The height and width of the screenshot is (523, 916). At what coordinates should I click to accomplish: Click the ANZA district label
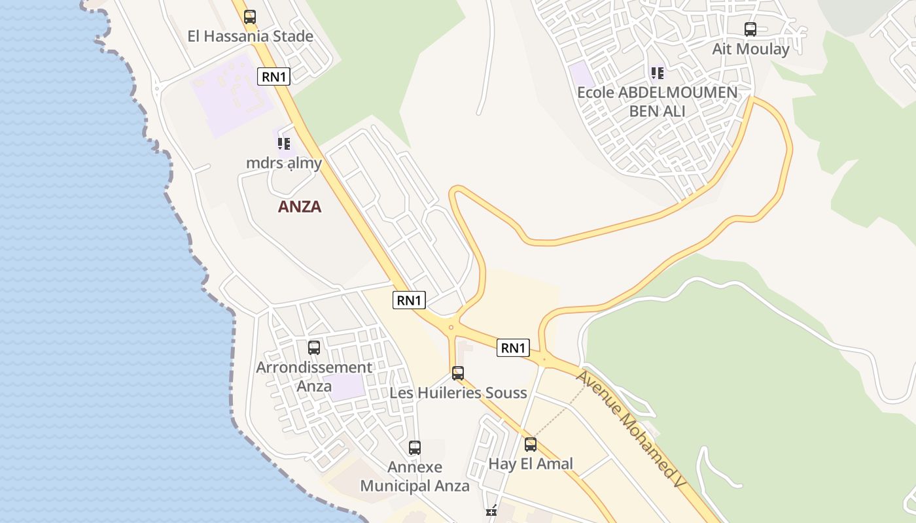[300, 207]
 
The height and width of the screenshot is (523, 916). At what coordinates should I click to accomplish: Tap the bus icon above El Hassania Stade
[249, 17]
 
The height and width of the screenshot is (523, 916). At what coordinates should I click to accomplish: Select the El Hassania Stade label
[250, 37]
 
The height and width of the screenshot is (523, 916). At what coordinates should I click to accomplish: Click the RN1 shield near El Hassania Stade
[274, 76]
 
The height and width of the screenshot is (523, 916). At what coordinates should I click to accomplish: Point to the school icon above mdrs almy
[283, 143]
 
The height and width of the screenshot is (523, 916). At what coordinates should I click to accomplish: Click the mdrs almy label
[284, 163]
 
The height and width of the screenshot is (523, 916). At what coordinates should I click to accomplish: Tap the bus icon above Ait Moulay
[750, 29]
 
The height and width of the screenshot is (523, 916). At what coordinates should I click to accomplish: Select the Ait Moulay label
[750, 49]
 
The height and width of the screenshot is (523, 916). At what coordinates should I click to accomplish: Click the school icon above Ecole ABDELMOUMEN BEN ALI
[658, 73]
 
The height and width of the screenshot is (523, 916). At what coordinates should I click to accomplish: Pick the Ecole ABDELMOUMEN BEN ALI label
[657, 101]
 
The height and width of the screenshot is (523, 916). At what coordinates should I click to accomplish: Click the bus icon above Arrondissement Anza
[314, 348]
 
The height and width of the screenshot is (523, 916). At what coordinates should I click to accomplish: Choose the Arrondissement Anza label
[314, 377]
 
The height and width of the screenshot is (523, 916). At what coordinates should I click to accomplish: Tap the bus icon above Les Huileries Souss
[458, 373]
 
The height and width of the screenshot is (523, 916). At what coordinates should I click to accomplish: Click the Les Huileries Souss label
[458, 393]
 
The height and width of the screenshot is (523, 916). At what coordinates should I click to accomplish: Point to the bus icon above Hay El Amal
[531, 445]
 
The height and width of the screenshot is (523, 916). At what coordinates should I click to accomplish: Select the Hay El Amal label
[531, 464]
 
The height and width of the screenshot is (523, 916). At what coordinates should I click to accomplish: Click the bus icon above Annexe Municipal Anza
[415, 448]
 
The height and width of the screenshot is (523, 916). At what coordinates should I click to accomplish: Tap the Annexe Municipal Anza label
[415, 477]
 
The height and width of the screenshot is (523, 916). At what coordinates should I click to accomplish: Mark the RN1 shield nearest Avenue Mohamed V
[513, 348]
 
